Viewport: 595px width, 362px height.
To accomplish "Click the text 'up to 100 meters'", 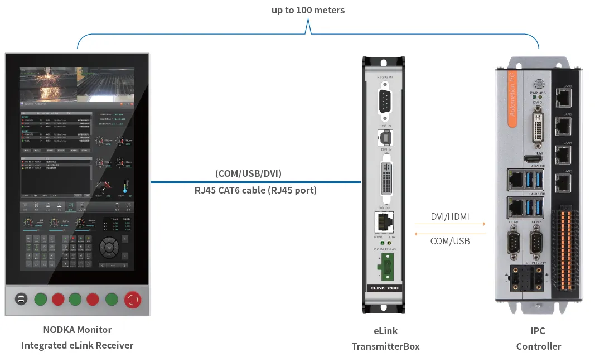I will (x=308, y=10).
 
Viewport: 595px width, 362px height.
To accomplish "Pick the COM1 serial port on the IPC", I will (x=513, y=243).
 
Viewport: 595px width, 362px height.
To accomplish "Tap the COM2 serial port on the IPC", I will (x=537, y=243).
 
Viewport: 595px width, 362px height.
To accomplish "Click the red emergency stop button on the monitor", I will (x=133, y=300).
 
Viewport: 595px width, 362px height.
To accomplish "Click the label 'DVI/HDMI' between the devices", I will (x=450, y=216).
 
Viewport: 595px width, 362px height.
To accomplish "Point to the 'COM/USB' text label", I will (x=450, y=241).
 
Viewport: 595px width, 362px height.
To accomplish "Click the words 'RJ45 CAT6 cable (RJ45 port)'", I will (x=255, y=190).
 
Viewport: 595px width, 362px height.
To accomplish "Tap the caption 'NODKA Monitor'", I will (x=78, y=330).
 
